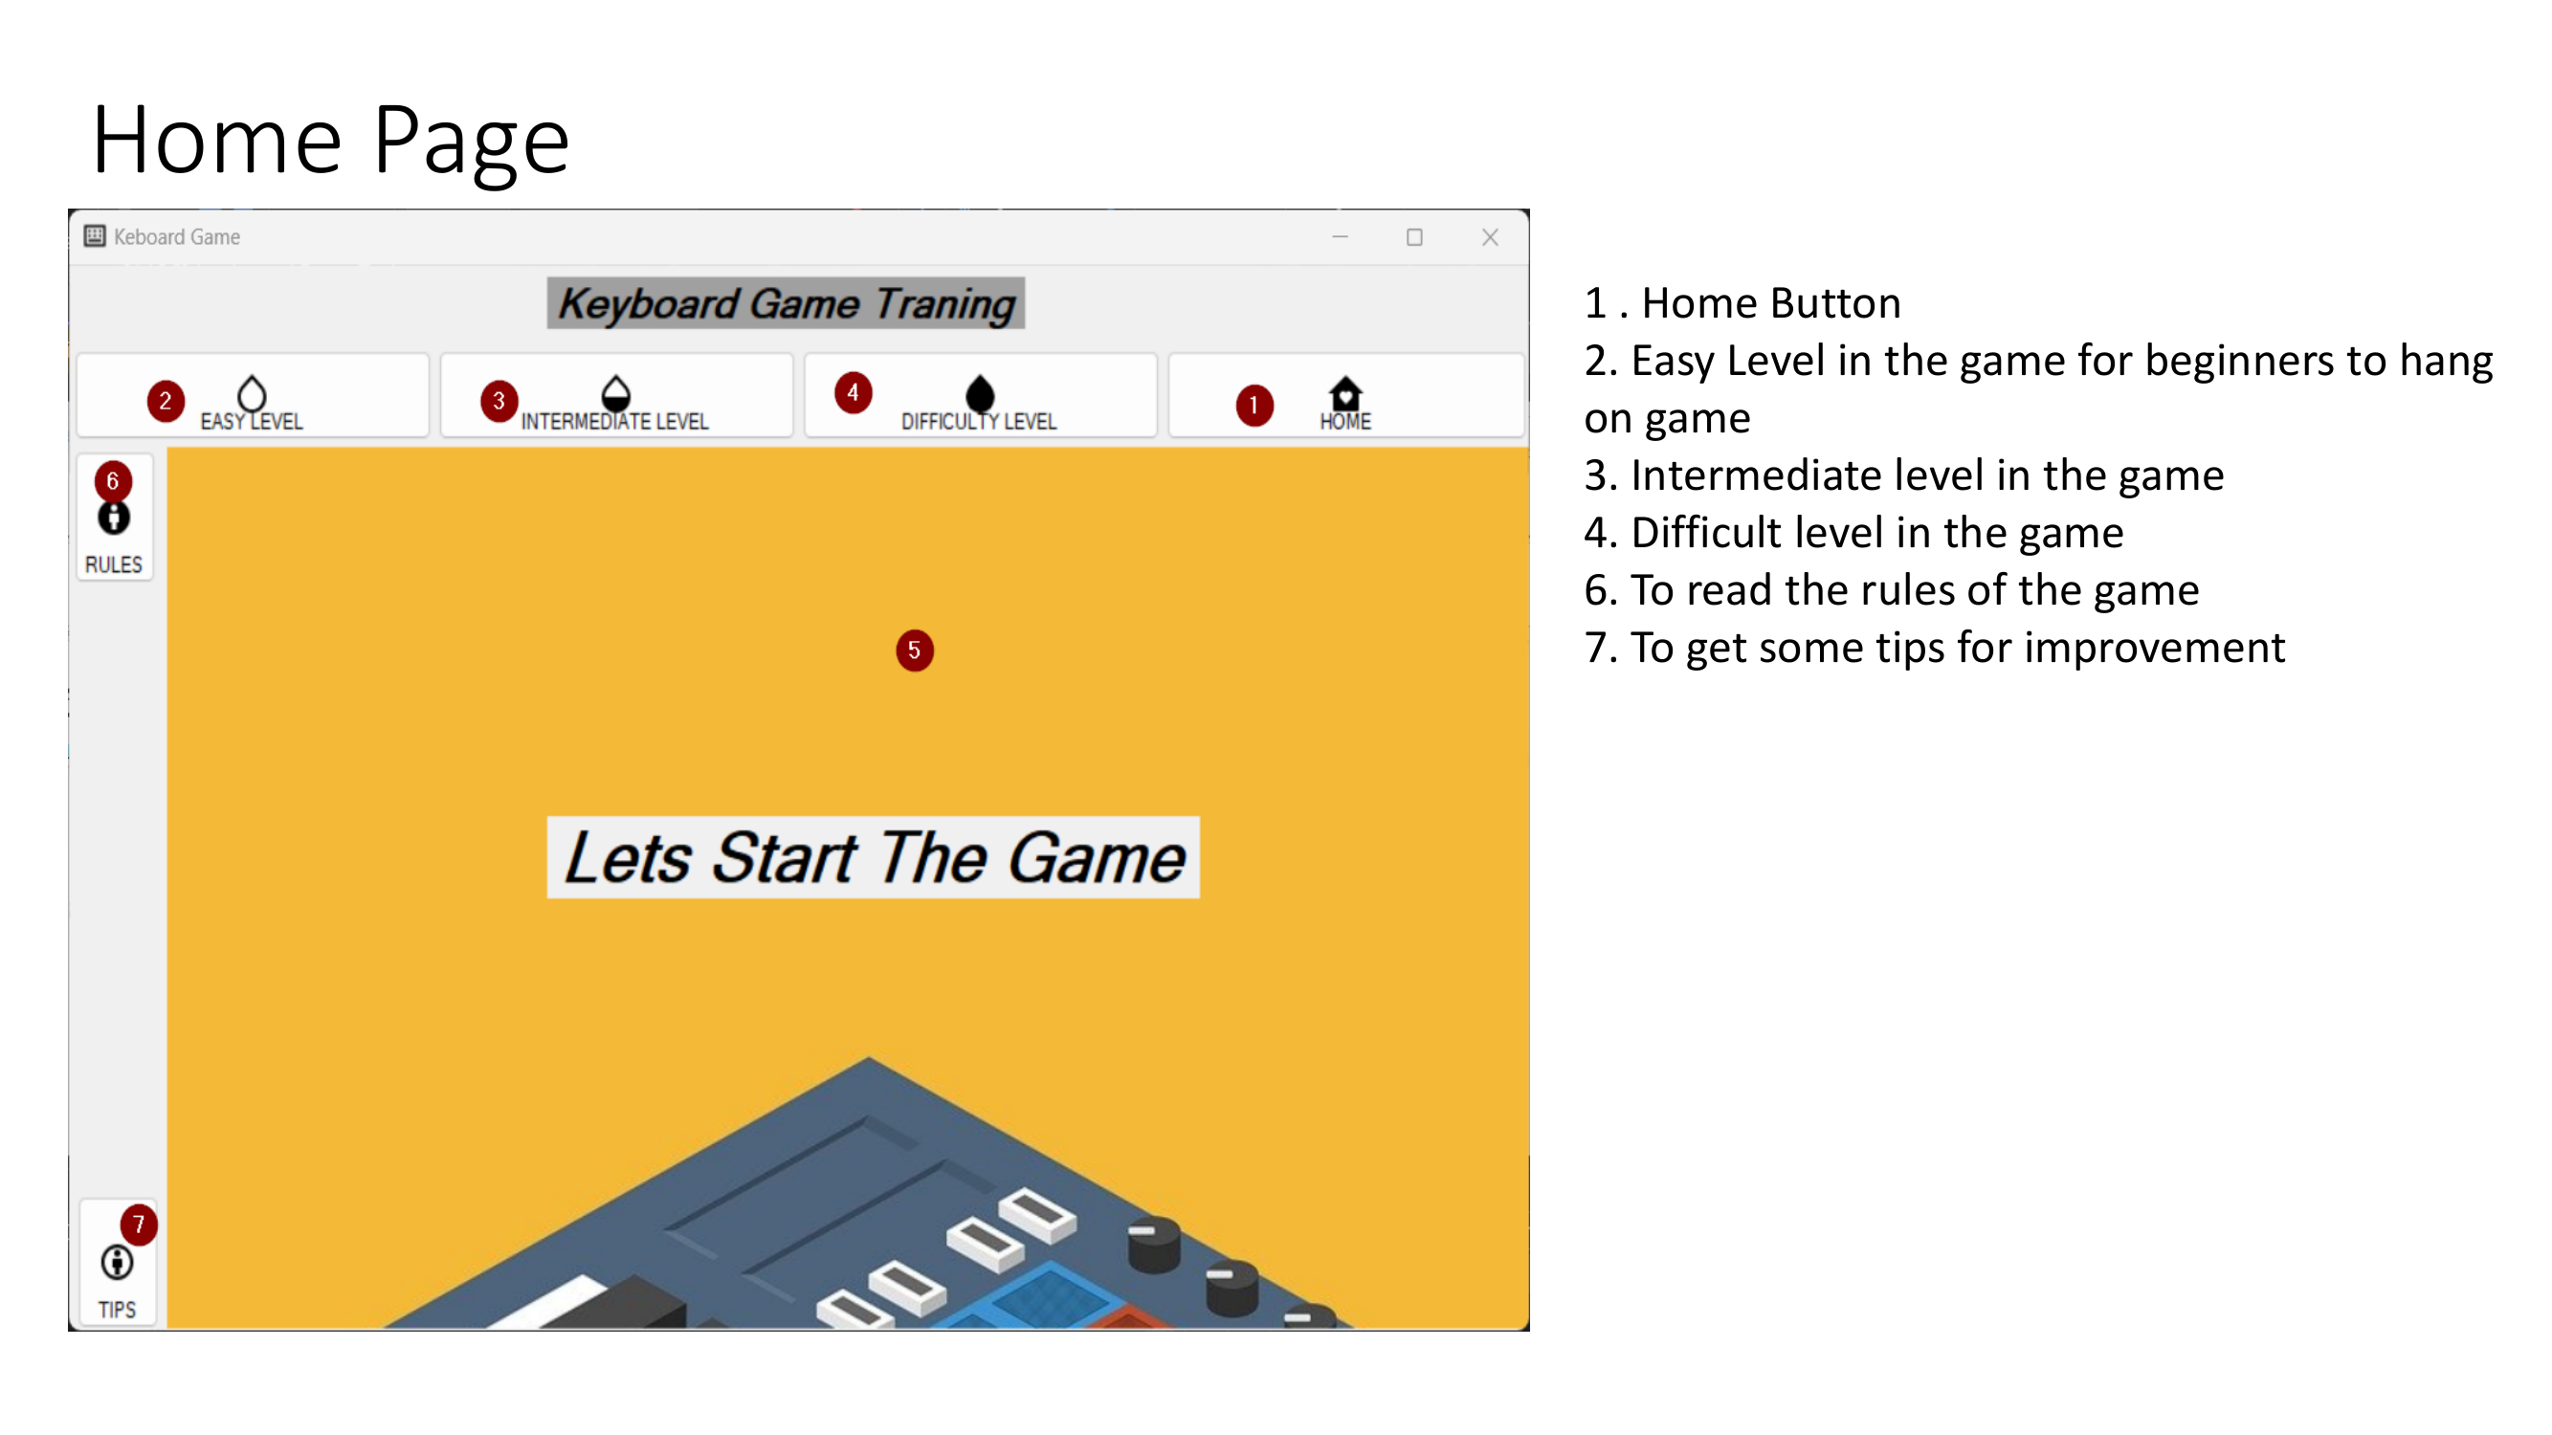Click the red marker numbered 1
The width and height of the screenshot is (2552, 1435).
click(1254, 405)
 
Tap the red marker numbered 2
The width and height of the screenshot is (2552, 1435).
click(166, 401)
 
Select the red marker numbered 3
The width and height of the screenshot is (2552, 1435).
click(499, 401)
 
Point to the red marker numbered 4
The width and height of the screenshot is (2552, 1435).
click(853, 392)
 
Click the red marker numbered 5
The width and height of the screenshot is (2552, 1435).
click(915, 651)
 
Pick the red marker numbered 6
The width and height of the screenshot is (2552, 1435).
click(113, 481)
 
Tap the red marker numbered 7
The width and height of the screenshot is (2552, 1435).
click(139, 1225)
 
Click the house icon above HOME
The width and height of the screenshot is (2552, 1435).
click(1345, 393)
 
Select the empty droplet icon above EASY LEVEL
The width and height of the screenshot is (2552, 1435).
click(252, 393)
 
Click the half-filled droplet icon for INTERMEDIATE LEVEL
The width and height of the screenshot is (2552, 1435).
click(615, 393)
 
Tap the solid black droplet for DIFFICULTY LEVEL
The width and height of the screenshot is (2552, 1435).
click(979, 393)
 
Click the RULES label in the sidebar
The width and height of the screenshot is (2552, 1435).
click(114, 564)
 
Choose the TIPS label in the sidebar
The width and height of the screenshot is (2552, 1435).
click(117, 1310)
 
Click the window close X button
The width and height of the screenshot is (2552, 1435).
click(1490, 237)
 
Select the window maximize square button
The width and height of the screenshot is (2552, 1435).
click(1414, 237)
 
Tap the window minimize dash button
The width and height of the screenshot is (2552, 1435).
click(1341, 237)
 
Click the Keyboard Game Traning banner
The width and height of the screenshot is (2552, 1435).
click(787, 304)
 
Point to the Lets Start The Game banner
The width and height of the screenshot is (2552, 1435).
click(873, 857)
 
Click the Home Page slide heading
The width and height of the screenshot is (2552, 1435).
click(331, 141)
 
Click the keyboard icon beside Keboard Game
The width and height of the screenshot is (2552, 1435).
click(95, 235)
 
